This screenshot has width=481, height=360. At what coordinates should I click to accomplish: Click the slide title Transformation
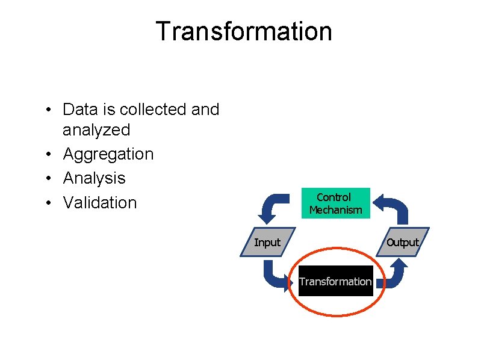[x=244, y=31]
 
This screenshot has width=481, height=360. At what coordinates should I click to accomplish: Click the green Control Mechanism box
[x=335, y=203]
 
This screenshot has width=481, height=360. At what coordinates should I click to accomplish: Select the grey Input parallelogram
[x=267, y=243]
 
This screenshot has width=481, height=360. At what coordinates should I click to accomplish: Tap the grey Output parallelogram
[x=402, y=243]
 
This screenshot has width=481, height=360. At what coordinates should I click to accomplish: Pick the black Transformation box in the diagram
[x=335, y=281]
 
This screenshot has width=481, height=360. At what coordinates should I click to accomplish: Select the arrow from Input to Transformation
[x=274, y=278]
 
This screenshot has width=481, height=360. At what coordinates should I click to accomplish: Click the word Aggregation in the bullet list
[x=108, y=154]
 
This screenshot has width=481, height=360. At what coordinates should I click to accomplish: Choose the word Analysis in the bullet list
[x=94, y=178]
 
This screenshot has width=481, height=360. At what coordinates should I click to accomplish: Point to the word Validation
[x=100, y=202]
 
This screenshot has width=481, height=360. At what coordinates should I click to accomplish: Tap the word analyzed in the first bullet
[x=96, y=130]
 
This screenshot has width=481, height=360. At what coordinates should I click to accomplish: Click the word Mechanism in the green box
[x=335, y=210]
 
